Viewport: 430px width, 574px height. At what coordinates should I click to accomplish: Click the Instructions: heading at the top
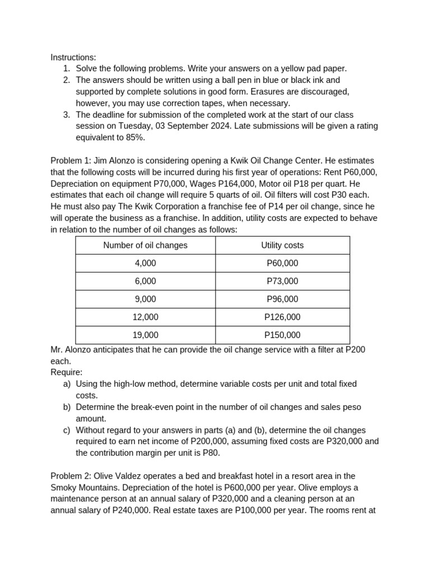(73, 57)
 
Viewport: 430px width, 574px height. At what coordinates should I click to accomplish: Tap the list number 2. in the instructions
(67, 80)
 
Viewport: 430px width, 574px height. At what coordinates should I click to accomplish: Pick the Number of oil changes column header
(145, 246)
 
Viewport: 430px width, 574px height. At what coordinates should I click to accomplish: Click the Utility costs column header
(282, 246)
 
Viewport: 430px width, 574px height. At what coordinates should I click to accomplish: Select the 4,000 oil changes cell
(145, 263)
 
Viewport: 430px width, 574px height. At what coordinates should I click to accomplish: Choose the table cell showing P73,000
(282, 281)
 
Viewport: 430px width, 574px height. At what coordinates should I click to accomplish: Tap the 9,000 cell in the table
(145, 299)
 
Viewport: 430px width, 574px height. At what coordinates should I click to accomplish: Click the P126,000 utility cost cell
(282, 317)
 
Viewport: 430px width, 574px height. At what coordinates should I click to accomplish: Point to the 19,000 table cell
(145, 335)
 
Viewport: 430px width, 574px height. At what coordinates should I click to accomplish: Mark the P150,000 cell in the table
(282, 335)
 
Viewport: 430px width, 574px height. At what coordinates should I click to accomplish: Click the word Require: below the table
(67, 372)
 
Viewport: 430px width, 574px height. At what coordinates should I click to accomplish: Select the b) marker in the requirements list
(67, 407)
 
